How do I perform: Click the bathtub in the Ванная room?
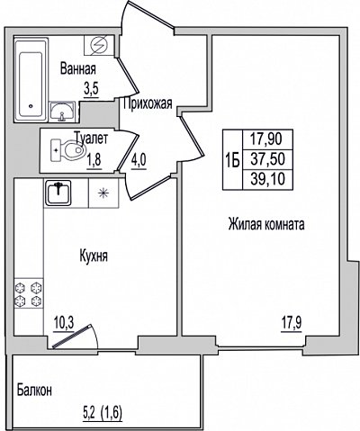pyautogui.click(x=31, y=79)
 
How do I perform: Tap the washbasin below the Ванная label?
pyautogui.click(x=62, y=112)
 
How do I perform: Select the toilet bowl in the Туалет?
pyautogui.click(x=67, y=150)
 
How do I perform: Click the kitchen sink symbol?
pyautogui.click(x=58, y=193)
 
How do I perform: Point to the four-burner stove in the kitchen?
pyautogui.click(x=29, y=294)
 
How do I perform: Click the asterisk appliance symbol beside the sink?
pyautogui.click(x=103, y=193)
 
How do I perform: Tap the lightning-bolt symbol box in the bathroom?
pyautogui.click(x=99, y=45)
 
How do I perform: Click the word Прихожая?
pyautogui.click(x=148, y=103)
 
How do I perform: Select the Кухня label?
pyautogui.click(x=94, y=256)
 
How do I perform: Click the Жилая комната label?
pyautogui.click(x=266, y=224)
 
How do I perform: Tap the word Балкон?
pyautogui.click(x=34, y=391)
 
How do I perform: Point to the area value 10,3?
pyautogui.click(x=64, y=323)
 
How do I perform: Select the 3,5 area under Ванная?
pyautogui.click(x=91, y=89)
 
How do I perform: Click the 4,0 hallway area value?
pyautogui.click(x=139, y=162)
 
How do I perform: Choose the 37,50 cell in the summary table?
pyautogui.click(x=267, y=159)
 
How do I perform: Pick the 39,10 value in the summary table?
pyautogui.click(x=267, y=179)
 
